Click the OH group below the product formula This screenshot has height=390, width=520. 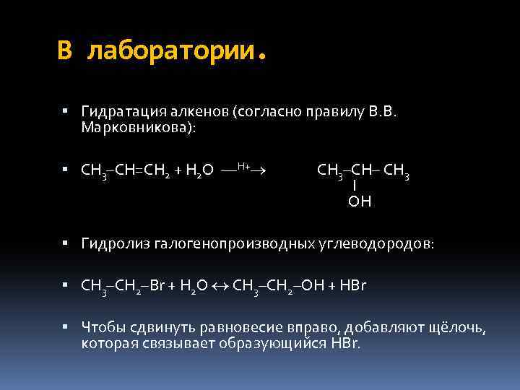point(359,201)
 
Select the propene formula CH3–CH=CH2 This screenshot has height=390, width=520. point(124,171)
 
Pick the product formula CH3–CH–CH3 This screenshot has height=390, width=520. point(363,171)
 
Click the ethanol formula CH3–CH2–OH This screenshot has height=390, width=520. point(274,286)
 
